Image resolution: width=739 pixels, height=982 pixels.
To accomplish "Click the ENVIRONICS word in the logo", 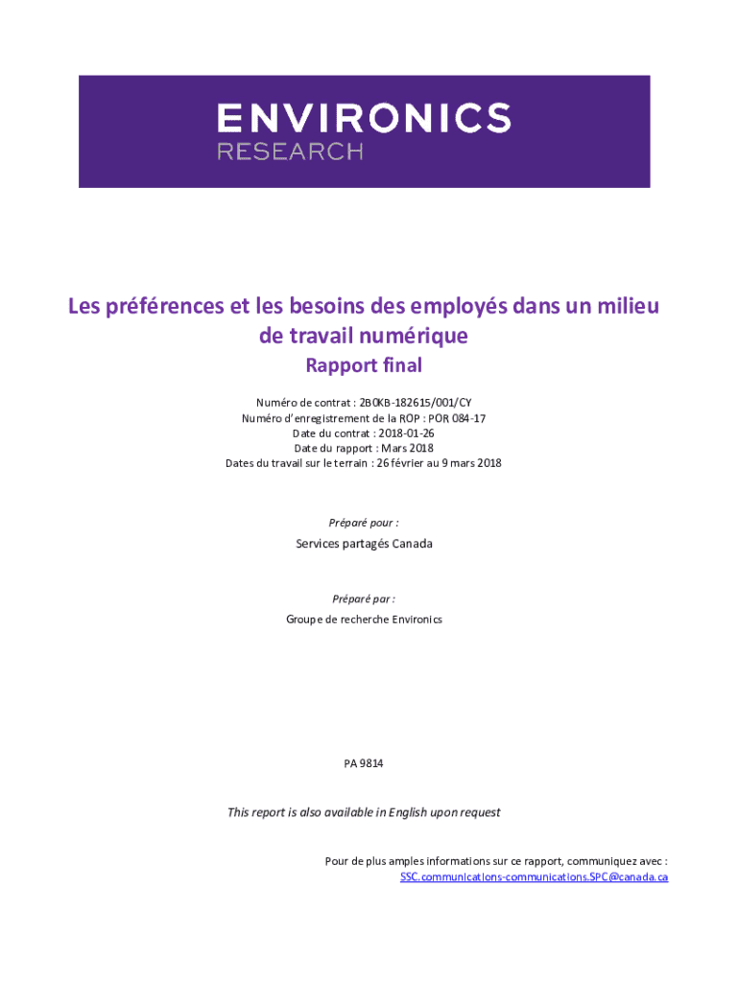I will click(363, 119).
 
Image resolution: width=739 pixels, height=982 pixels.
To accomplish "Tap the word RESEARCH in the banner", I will click(290, 152).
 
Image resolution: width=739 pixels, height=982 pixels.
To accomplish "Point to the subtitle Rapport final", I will click(363, 365).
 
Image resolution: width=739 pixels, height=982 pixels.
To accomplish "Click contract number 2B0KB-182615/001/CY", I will click(415, 402).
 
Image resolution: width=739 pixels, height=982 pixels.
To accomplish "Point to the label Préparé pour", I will click(363, 523).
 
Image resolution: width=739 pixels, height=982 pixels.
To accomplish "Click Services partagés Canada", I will click(363, 544).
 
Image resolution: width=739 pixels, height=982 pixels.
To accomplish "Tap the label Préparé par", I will click(363, 598).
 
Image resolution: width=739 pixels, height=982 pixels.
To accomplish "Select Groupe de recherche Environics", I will click(363, 620).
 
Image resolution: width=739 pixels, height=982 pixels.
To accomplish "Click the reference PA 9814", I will click(363, 763).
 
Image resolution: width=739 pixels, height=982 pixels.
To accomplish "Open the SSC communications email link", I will click(534, 877).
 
